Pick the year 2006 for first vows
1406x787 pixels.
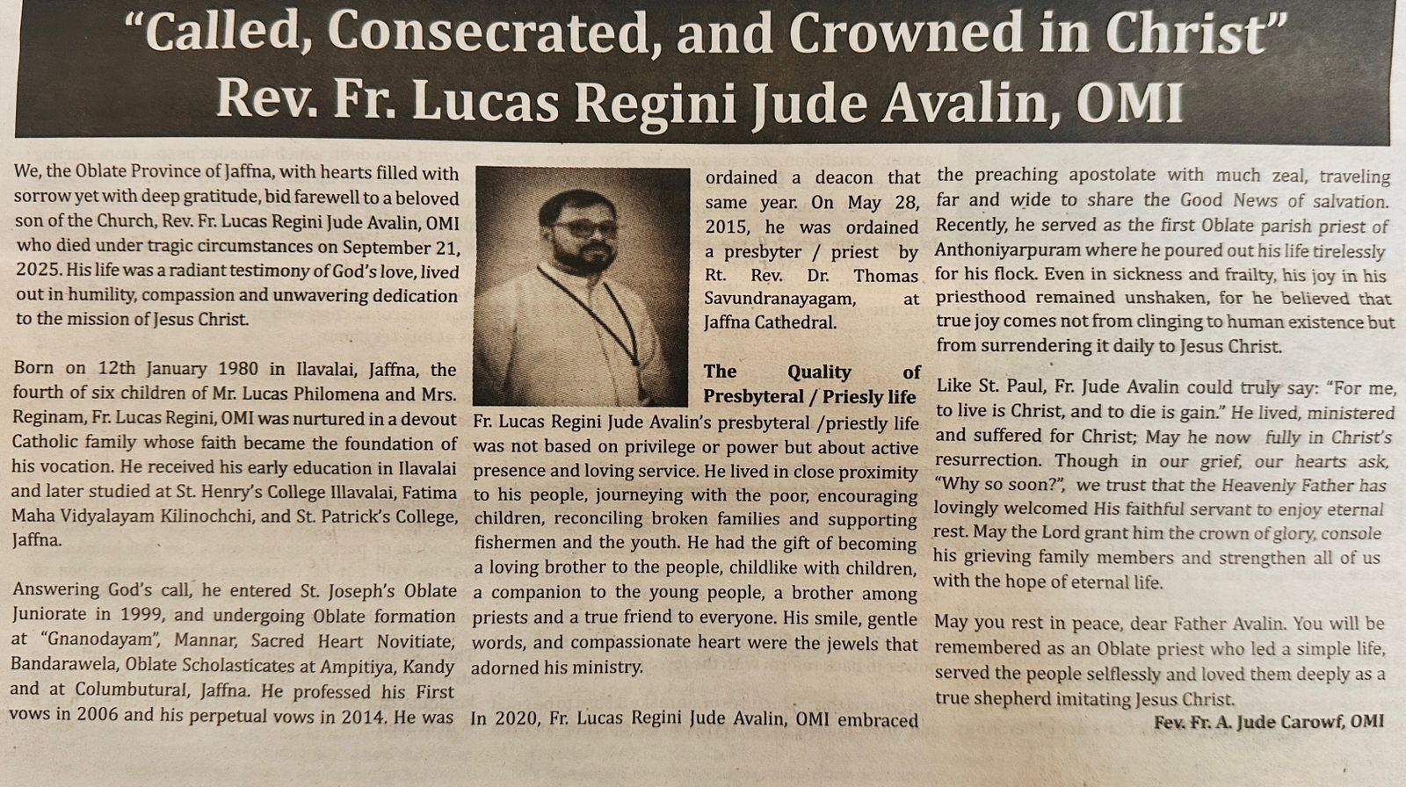click(x=97, y=715)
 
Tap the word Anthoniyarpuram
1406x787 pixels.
click(x=1003, y=250)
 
